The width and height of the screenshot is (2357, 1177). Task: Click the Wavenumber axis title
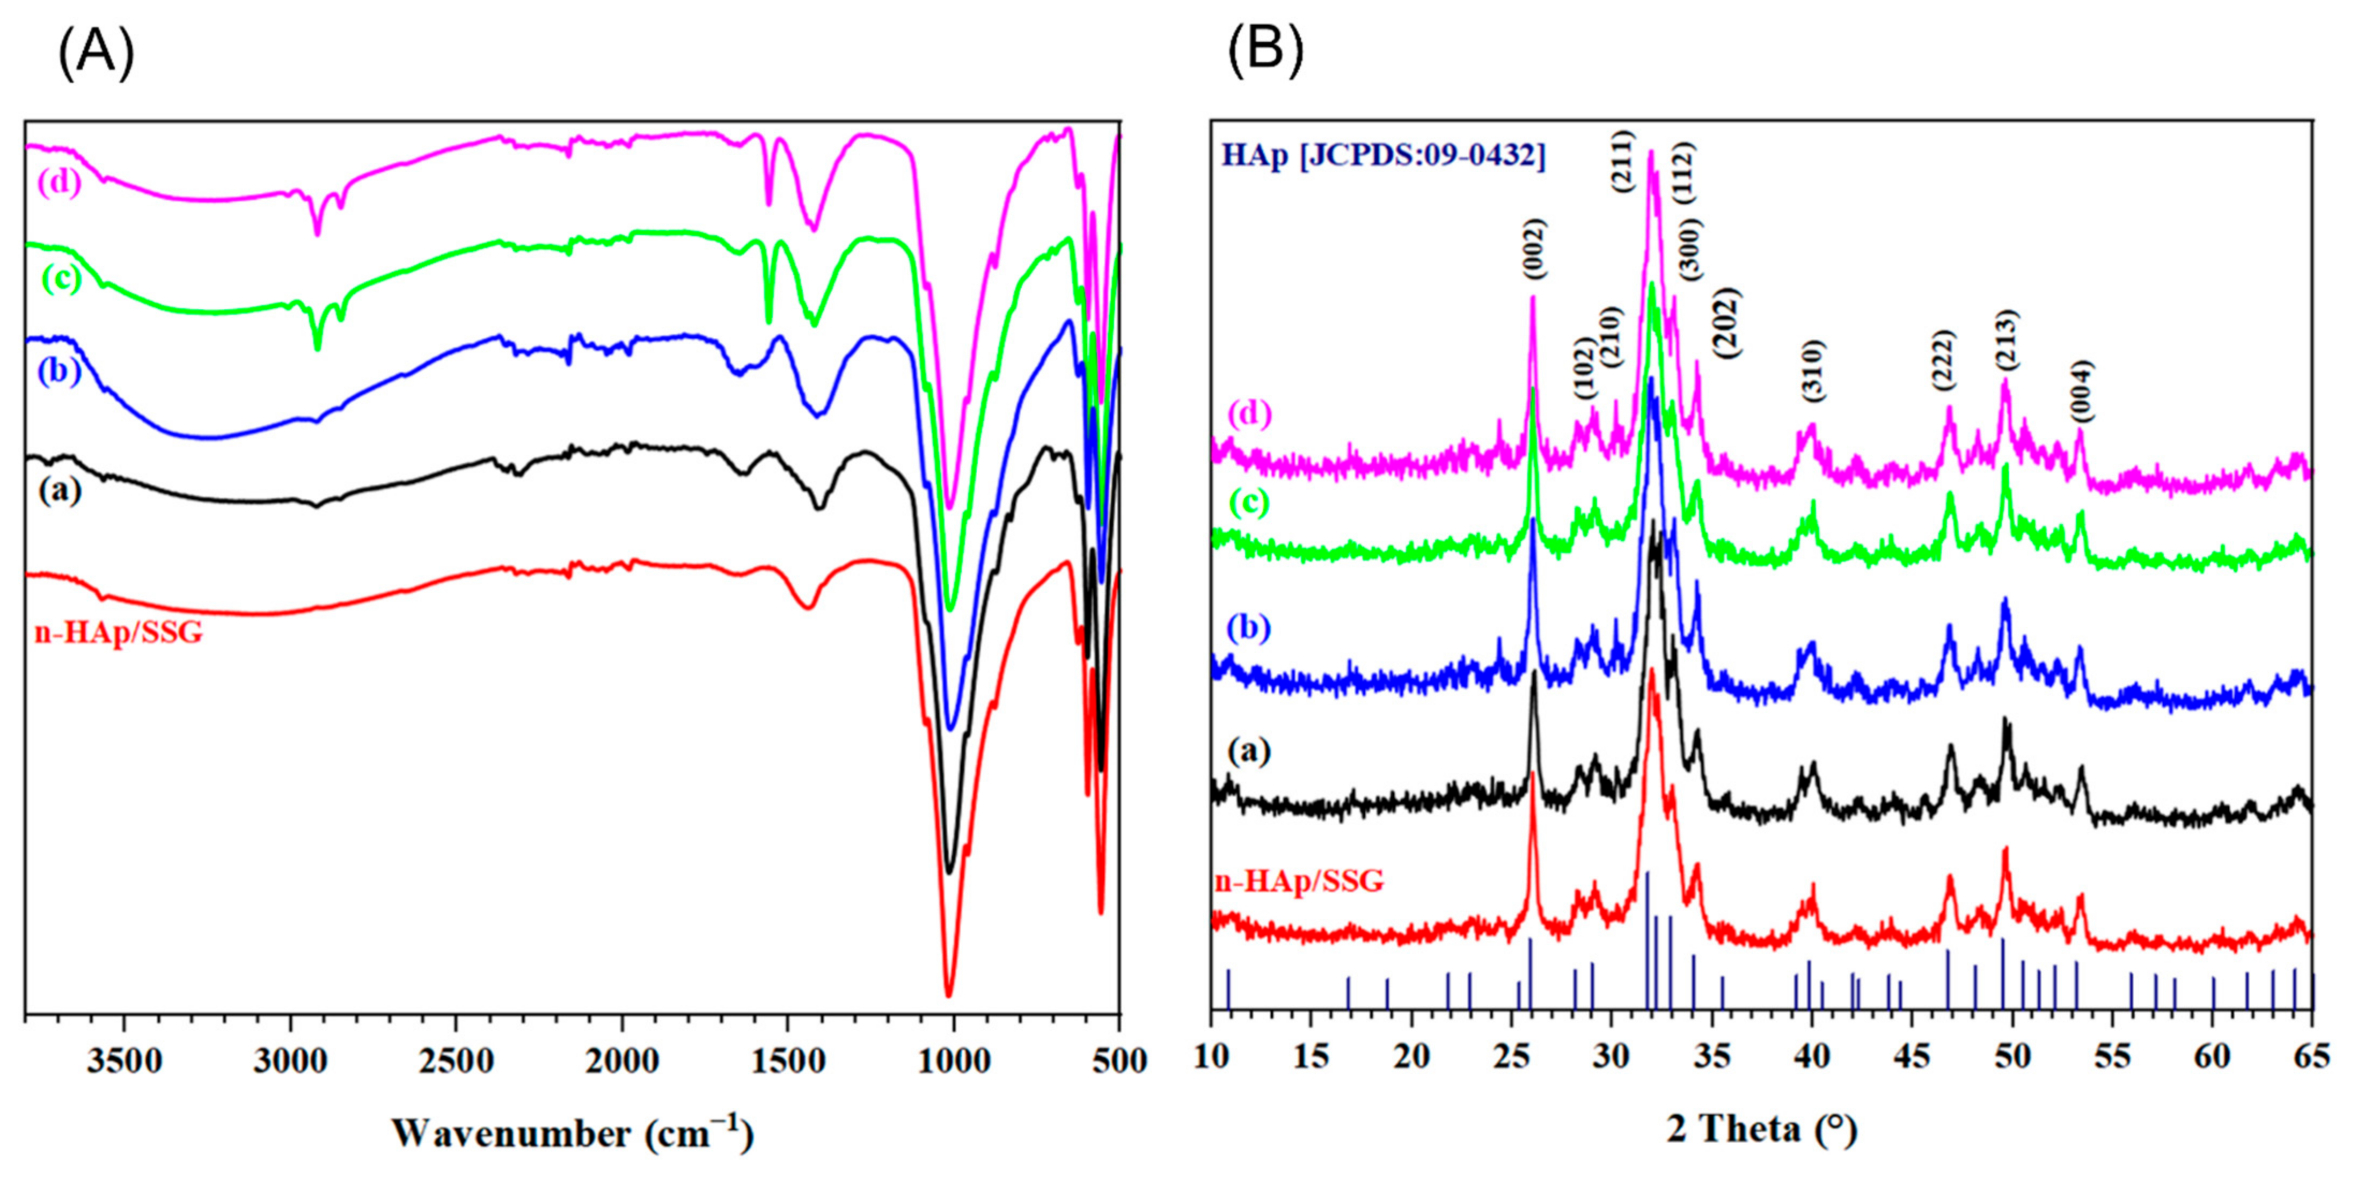[573, 1133]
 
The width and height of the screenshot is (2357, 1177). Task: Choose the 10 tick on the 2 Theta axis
[1211, 1058]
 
